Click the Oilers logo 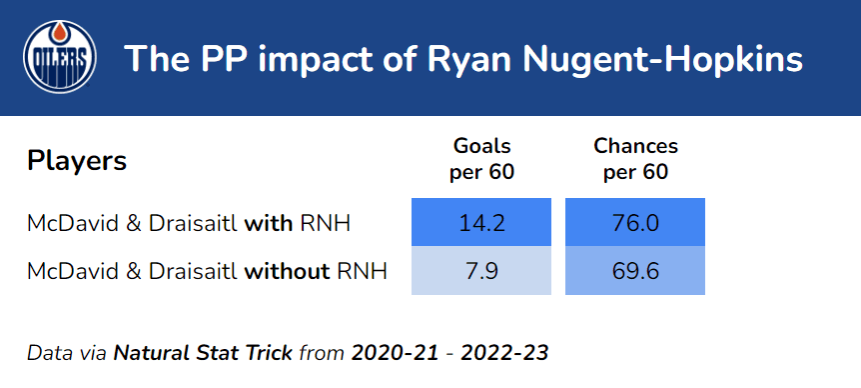tap(60, 57)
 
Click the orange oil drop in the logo tap(60, 34)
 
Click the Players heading tap(77, 162)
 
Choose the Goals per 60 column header tap(481, 159)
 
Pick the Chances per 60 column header tap(635, 159)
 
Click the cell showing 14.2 tap(481, 222)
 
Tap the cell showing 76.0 tap(635, 222)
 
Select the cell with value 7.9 tap(481, 270)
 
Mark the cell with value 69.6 tap(635, 270)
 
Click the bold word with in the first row tap(269, 223)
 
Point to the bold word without tap(288, 271)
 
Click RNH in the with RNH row tap(325, 223)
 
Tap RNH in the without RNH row tap(363, 271)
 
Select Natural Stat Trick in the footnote tap(203, 353)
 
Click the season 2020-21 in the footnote tap(395, 353)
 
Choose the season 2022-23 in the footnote tap(504, 353)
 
